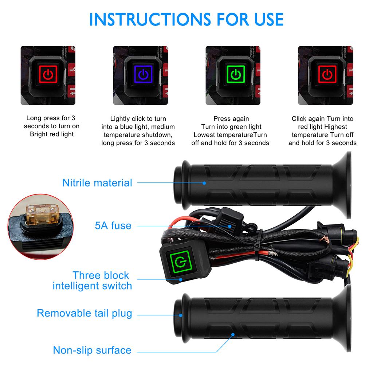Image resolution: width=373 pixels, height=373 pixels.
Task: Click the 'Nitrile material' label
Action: pos(97,182)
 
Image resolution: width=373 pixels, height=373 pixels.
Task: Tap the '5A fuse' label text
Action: pos(113,225)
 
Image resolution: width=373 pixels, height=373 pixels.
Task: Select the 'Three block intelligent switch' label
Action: pos(93,280)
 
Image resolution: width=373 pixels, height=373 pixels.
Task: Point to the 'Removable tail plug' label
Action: pos(85,313)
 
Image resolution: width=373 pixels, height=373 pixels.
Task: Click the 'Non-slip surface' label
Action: pos(92,350)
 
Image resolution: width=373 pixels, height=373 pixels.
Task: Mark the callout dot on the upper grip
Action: pos(204,183)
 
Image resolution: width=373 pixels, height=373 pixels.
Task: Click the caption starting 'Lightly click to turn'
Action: pos(138,131)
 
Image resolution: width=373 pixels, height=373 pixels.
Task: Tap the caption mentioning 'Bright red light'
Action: pos(52,126)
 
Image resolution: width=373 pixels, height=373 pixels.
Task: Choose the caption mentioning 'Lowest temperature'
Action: pos(230,131)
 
